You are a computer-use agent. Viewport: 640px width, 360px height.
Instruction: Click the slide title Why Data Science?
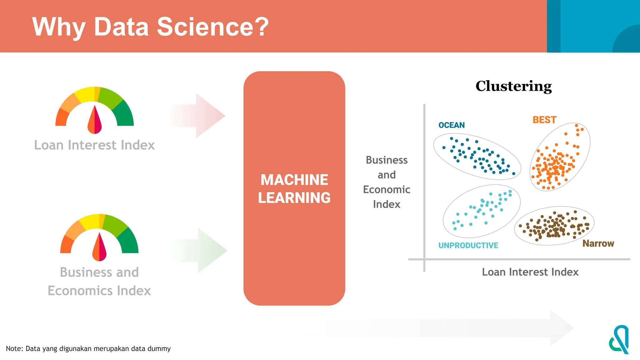150,27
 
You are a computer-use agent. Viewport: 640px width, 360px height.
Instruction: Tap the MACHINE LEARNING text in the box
294,189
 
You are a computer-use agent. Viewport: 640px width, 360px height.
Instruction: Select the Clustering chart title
513,86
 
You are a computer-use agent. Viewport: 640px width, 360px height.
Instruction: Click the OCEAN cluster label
451,125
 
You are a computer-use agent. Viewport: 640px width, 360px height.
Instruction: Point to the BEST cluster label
544,120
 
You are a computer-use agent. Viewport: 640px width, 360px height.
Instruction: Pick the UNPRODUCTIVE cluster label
468,246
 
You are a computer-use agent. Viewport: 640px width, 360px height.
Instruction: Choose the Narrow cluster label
598,243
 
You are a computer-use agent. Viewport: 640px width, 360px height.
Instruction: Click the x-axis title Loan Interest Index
530,272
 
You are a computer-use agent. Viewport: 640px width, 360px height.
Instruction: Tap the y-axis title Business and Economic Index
387,182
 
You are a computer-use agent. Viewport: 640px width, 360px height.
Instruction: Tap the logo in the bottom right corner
619,340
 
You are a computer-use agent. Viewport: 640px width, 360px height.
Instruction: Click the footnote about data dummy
88,349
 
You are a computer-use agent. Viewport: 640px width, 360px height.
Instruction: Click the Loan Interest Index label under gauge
94,145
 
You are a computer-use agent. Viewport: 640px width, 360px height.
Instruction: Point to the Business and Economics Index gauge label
99,282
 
